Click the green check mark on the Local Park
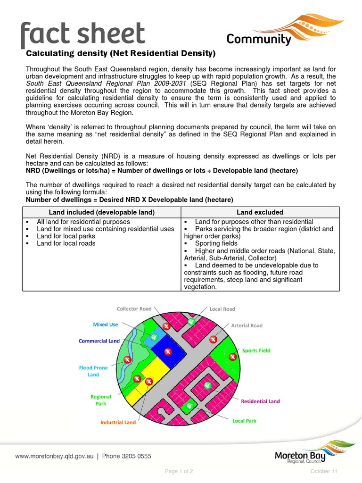190,405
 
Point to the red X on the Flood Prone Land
127,360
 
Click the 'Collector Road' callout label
134,309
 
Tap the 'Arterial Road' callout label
247,325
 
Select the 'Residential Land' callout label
260,401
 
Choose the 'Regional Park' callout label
101,400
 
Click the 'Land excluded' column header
260,212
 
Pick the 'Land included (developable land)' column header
102,212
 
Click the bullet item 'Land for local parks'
66,236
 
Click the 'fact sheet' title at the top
82,34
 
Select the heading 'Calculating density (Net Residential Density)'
120,53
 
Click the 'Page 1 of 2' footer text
179,471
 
